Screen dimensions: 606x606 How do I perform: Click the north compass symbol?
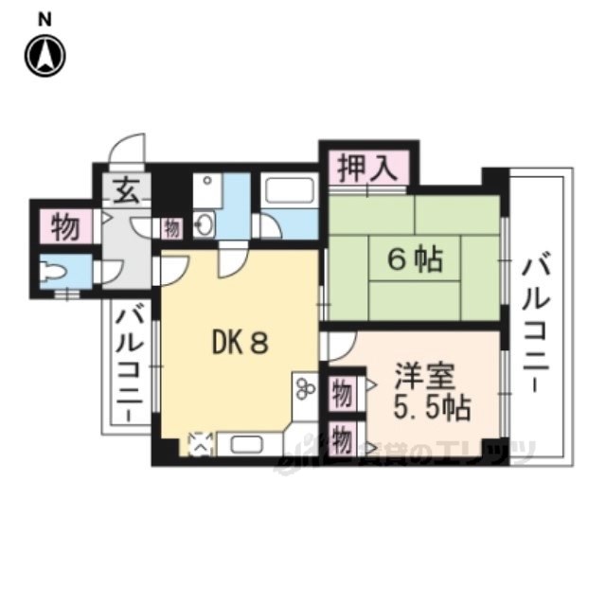45,55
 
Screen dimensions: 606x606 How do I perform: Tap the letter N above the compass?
45,18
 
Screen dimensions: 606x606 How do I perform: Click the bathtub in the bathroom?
289,189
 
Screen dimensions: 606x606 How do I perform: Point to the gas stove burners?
305,388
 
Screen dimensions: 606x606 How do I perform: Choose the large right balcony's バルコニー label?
537,316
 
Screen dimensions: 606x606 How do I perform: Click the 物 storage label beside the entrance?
64,227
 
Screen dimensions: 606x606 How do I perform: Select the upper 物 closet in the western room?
342,391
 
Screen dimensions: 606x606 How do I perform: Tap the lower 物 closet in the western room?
342,438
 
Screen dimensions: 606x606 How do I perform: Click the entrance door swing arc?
127,151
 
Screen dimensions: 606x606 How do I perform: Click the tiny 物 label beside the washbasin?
171,227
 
